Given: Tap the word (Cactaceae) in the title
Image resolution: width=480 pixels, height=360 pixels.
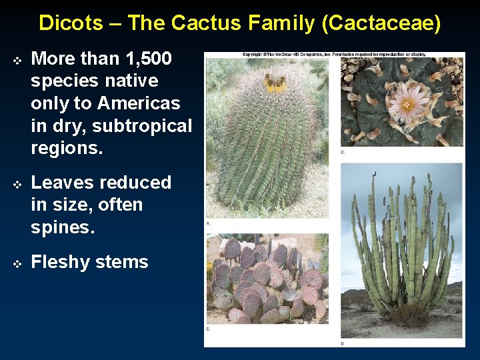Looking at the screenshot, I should [381, 23].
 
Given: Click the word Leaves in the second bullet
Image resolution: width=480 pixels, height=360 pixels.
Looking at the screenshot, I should [64, 182].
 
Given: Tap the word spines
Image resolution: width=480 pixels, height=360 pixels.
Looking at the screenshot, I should [63, 227].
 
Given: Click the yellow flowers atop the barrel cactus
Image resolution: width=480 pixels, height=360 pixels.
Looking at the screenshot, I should [275, 83].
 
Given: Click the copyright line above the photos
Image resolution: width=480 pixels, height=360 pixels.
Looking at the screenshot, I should [333, 54].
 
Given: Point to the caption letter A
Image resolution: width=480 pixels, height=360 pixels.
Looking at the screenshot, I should [208, 223].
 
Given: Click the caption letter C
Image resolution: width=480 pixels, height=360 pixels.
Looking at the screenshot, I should [343, 152].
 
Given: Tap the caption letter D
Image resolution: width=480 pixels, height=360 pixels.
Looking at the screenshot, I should [343, 343].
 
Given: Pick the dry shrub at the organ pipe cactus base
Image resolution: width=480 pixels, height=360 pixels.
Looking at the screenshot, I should [408, 316].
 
